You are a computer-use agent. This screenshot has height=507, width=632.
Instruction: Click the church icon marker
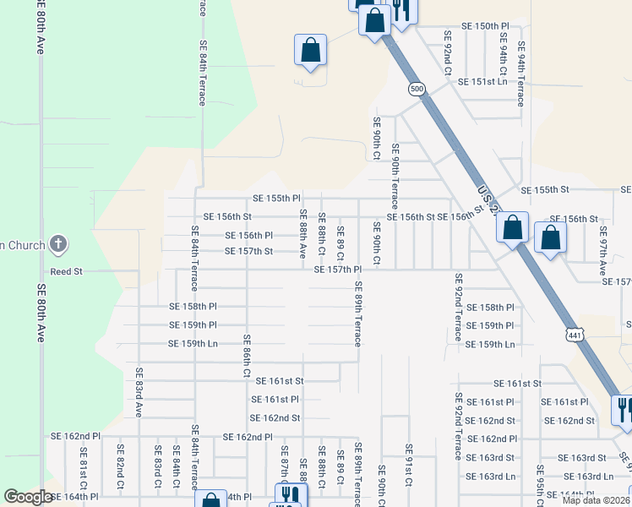[58, 246]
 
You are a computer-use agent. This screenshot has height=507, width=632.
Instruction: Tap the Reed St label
[66, 272]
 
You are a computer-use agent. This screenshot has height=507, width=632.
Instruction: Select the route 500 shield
[415, 89]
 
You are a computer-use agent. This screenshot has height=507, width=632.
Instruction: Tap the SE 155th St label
[546, 190]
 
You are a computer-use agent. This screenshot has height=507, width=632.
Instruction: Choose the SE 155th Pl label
[277, 199]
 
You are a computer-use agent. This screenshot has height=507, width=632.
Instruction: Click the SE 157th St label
[248, 251]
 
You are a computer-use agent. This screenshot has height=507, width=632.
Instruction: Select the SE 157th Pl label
[337, 270]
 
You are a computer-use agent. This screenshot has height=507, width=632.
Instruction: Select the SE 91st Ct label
[408, 465]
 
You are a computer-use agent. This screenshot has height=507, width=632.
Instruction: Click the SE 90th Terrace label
[395, 177]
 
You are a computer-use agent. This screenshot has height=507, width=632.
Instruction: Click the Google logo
[28, 497]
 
